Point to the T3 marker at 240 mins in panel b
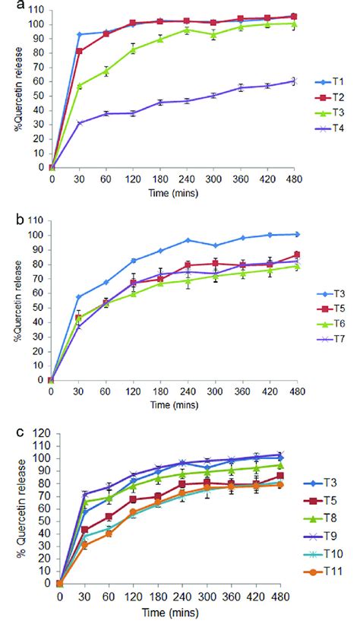pos(187,240)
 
